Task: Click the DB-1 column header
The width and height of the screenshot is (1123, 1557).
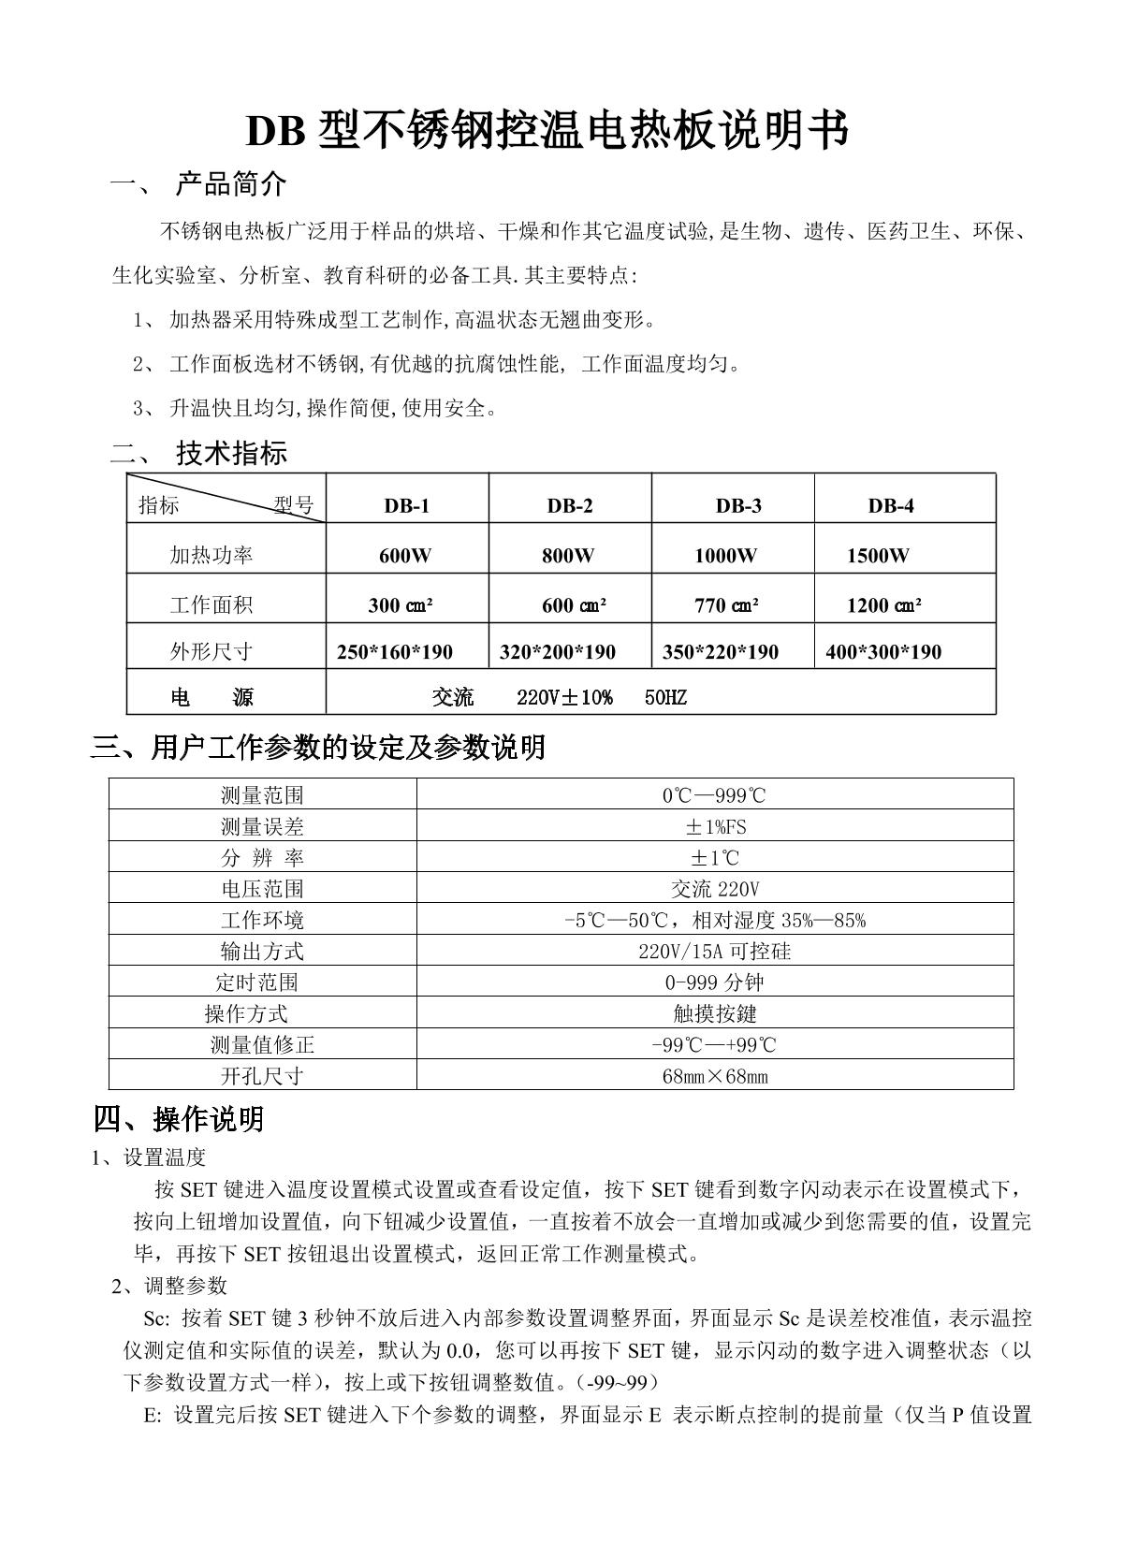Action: coord(406,506)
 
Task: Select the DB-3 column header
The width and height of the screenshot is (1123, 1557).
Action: coord(738,506)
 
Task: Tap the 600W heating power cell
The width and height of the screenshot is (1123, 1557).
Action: coord(405,556)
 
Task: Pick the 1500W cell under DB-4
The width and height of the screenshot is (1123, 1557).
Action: coord(877,556)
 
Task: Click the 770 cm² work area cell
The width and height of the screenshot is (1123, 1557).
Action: coord(726,605)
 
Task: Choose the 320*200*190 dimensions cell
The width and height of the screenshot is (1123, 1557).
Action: coord(558,652)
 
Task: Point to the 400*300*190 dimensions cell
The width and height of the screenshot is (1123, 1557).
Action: coord(883,652)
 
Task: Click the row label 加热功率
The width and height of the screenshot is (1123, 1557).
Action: coord(211,556)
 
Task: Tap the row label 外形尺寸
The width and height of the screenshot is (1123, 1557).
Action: coord(211,652)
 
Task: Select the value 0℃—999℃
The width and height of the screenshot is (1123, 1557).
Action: coord(714,795)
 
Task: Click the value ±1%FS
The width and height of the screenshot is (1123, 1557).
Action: coord(715,827)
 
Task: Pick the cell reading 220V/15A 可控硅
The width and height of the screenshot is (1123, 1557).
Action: coord(714,952)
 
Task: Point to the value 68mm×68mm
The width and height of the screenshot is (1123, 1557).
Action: coord(714,1076)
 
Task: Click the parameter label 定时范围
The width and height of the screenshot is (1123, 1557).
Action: coord(256,982)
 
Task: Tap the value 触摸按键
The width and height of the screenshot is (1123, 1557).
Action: coord(714,1013)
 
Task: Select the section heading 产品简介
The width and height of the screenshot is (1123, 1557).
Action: coord(231,185)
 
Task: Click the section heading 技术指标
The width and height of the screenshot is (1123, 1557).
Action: coord(231,455)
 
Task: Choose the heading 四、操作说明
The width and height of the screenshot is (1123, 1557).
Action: coord(179,1119)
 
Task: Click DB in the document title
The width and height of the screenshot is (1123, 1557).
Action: coord(275,132)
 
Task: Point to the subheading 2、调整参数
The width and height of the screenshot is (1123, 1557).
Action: coord(169,1286)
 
